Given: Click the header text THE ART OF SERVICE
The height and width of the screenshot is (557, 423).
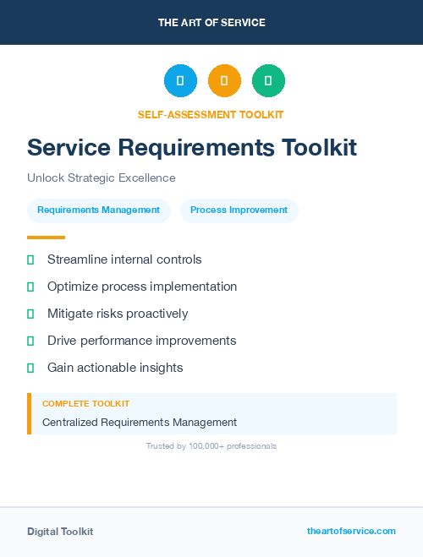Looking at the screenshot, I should point(211,23).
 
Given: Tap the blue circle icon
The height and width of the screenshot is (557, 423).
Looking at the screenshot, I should point(180,81).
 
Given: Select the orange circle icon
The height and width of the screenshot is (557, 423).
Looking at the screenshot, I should point(224,81).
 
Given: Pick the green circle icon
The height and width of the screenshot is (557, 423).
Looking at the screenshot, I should point(268,81).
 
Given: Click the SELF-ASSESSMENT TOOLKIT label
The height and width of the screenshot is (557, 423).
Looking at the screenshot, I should point(211,114).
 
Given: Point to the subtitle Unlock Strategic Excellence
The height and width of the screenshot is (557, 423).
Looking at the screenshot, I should point(101,178).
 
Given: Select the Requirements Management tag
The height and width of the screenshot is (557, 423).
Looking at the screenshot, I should point(98,210).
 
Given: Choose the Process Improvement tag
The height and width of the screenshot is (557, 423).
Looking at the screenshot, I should point(239,210).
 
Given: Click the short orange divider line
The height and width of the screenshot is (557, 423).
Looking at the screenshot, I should point(46,238).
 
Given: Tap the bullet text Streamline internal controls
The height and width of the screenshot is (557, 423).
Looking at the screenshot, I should point(124,259).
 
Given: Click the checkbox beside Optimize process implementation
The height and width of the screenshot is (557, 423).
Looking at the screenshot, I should point(30,287).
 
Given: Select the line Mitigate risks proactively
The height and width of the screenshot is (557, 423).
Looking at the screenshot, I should point(118,314).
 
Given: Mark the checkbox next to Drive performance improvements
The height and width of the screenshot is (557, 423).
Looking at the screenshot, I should point(30,341).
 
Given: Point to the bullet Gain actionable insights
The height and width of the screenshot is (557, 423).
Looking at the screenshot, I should point(115,368).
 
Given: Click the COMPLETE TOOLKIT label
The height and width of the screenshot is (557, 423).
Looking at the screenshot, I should point(85,404).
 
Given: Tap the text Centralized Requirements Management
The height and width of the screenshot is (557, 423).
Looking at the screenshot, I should point(140,422).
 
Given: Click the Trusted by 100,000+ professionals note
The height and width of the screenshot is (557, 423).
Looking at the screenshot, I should point(211,445).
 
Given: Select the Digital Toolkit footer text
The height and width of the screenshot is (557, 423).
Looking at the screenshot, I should point(60,532).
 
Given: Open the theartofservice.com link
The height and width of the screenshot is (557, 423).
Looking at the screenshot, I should point(351,531).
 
